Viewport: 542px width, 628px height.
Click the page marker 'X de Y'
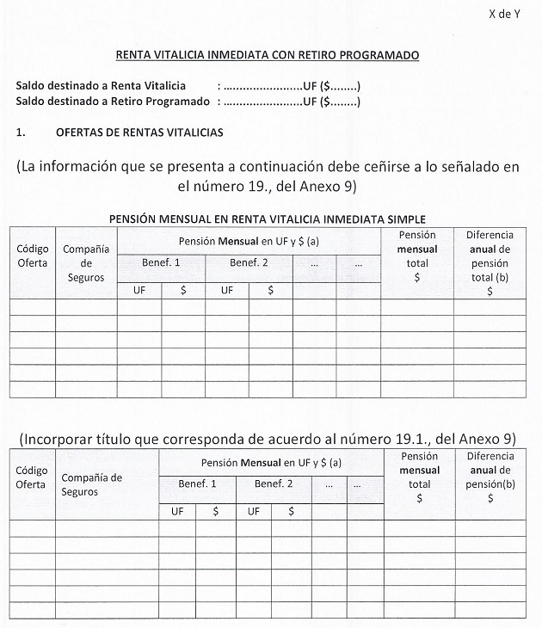tap(505, 13)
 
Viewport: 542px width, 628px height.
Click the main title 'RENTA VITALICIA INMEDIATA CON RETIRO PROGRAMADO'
tap(268, 55)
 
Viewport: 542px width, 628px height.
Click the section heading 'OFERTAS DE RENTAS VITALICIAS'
tap(139, 132)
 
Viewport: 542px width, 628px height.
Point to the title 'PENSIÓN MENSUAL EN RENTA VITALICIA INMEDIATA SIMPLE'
tap(268, 219)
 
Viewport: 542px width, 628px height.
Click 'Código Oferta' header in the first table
tap(33, 256)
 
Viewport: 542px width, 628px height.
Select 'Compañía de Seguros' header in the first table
tap(86, 263)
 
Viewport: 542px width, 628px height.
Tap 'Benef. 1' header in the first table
tap(162, 262)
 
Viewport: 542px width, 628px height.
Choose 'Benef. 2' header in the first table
tap(249, 262)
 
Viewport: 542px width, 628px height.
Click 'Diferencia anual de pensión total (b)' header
tap(490, 262)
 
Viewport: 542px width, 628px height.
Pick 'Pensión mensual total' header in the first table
tap(417, 256)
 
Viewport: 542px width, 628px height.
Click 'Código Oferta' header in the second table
tap(31, 477)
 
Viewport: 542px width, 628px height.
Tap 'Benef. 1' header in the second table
tap(197, 484)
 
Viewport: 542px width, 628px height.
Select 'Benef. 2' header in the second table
tap(274, 484)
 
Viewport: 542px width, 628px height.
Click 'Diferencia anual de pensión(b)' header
tap(490, 477)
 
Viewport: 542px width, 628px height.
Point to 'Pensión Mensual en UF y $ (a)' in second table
tap(270, 462)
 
